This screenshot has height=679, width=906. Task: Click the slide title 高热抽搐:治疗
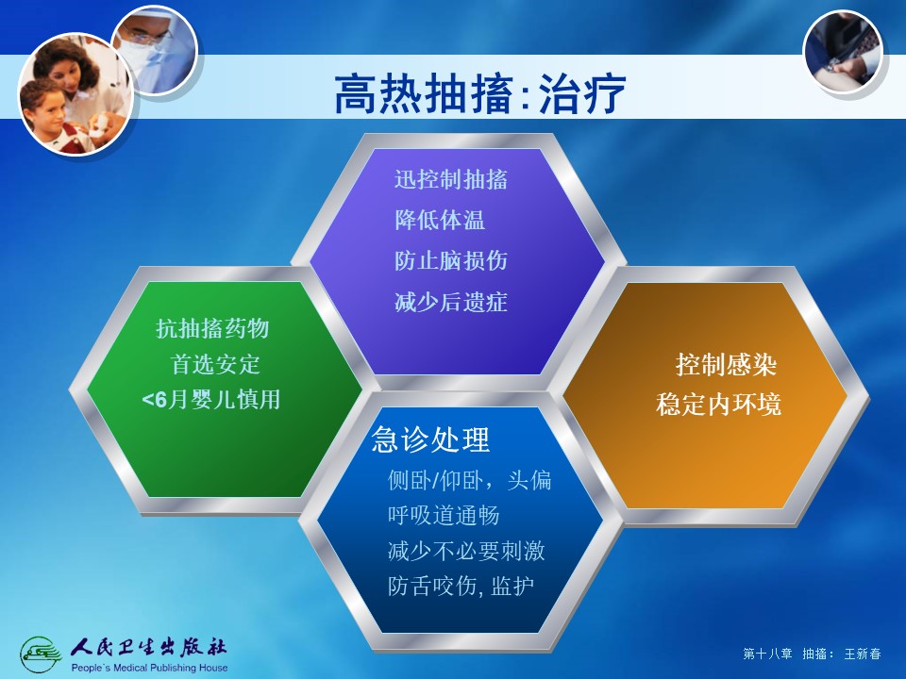(480, 93)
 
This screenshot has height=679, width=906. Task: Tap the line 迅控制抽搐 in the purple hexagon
(451, 179)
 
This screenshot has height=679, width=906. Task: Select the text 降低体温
(440, 220)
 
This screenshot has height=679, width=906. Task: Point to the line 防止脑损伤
(451, 261)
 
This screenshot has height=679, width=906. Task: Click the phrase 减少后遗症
(451, 302)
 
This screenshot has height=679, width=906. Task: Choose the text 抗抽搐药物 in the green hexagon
(212, 328)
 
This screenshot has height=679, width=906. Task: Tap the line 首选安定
(215, 364)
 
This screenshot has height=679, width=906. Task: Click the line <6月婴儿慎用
(210, 399)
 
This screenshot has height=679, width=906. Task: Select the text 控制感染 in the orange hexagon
(726, 364)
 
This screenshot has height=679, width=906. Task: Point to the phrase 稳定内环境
(719, 405)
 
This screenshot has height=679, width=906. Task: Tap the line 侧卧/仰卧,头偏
(469, 480)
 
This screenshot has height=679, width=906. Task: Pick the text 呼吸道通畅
(444, 515)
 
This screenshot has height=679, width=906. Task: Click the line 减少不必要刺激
(466, 551)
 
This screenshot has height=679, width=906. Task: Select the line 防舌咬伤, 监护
(461, 586)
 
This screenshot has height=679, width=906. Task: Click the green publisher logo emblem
(41, 654)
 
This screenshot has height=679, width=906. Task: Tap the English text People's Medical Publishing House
(149, 668)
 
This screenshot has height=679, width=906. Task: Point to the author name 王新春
(863, 654)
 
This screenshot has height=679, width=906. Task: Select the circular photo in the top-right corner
(843, 53)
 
